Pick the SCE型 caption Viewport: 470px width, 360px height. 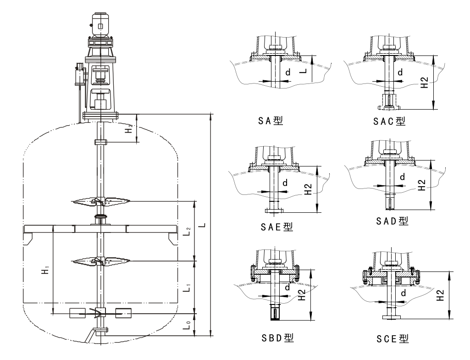tap(392, 338)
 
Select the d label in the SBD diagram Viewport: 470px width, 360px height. tap(287, 288)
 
